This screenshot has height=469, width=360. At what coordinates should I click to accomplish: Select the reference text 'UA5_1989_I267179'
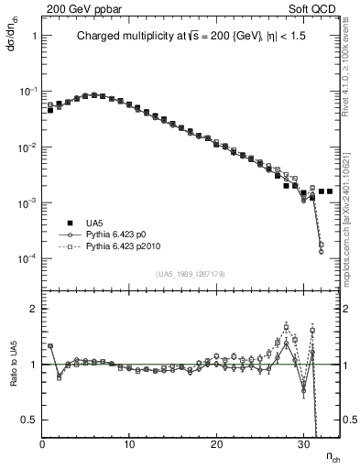tap(191, 273)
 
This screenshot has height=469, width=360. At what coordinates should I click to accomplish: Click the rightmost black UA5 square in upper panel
tap(330, 191)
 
